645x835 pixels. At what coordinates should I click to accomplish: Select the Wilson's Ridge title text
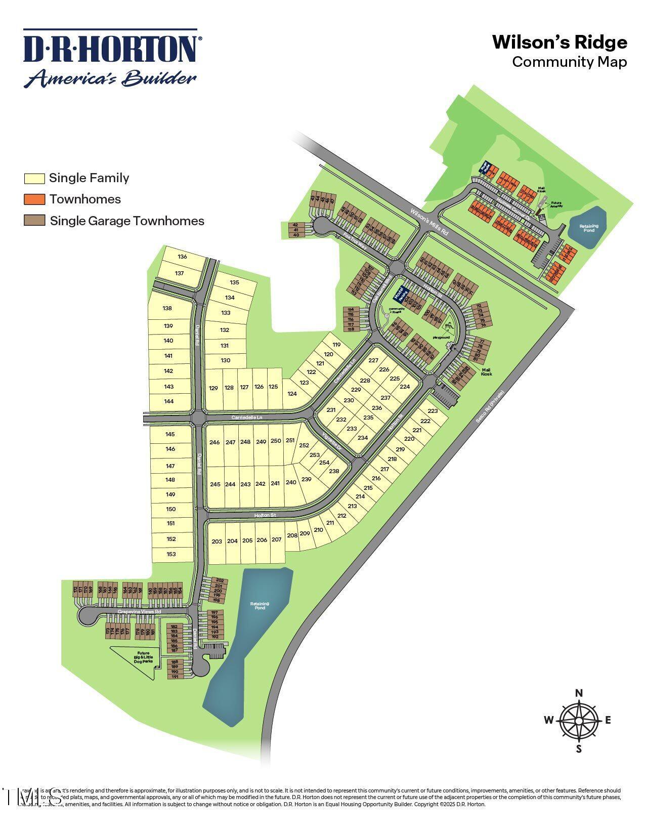[560, 43]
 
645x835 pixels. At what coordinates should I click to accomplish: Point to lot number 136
[182, 257]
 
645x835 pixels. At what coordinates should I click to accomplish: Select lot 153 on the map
[171, 554]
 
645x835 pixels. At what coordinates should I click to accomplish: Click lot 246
[214, 442]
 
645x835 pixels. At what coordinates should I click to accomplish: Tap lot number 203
[217, 541]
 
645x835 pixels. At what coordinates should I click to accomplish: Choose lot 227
[373, 360]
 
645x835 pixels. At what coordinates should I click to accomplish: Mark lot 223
[433, 411]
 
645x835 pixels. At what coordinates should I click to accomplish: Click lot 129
[213, 388]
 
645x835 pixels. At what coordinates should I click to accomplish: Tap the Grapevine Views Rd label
[139, 611]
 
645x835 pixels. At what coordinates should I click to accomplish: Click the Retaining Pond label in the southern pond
[260, 605]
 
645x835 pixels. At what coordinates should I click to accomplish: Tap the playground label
[441, 337]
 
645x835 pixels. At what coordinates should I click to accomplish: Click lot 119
[337, 345]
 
